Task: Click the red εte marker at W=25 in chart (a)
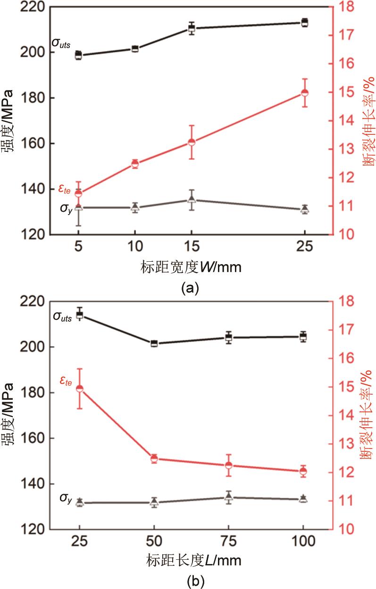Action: pos(305,93)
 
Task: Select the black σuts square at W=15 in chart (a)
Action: pos(192,29)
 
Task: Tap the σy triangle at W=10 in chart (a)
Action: pos(135,207)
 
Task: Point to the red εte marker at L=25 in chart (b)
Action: pos(80,389)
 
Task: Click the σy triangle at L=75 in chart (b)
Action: pos(229,497)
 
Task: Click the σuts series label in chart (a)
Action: pos(61,43)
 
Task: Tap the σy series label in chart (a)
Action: pos(66,208)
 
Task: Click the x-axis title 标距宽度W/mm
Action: pos(191,268)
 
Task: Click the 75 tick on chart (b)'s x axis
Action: pos(229,541)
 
